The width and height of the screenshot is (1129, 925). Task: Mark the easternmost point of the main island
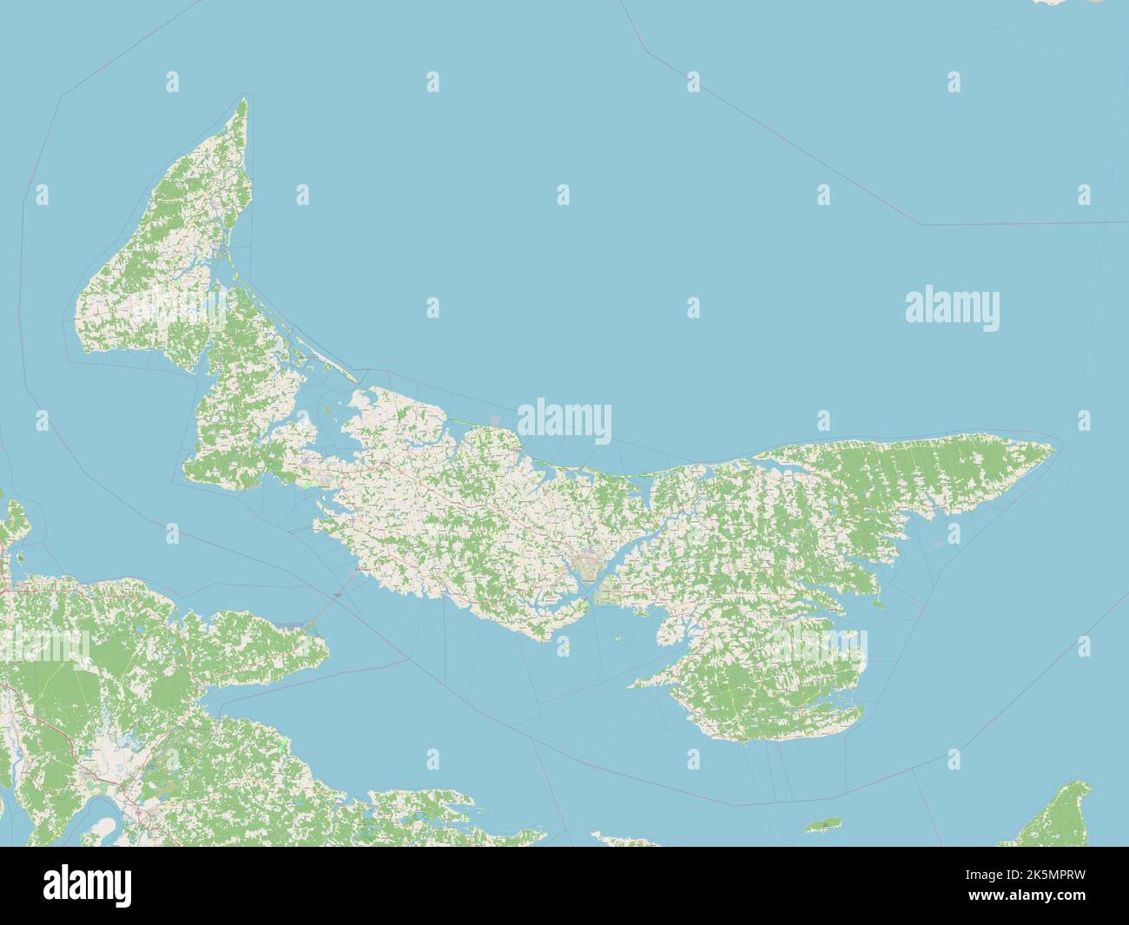click(x=1053, y=449)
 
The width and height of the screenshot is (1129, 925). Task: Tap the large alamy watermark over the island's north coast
click(x=564, y=420)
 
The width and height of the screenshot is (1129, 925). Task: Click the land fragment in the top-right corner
click(x=1068, y=3)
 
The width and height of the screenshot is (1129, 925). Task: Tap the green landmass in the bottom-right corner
click(x=1064, y=816)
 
